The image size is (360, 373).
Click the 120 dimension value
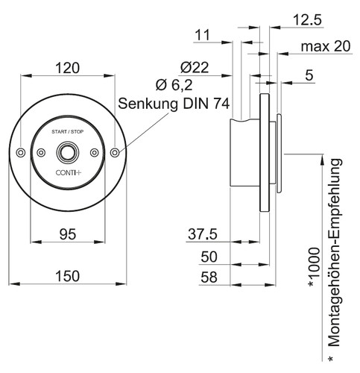pos(67,68)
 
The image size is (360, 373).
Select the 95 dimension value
pos(68,234)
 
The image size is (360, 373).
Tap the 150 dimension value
pos(67,276)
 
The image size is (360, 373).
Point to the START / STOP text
pos(68,131)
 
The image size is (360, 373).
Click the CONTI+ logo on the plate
pos(69,172)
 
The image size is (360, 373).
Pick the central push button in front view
pos(68,152)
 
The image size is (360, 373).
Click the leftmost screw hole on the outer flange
pos(21,152)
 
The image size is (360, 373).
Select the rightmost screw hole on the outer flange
pos(115,152)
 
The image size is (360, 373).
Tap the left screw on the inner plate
pos(41,152)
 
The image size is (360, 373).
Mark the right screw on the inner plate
pos(95,152)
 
